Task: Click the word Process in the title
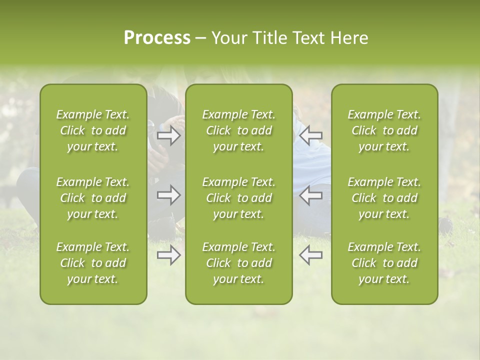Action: tap(157, 38)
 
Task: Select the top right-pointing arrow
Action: tap(169, 135)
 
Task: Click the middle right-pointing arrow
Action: tap(169, 195)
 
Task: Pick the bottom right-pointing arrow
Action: tap(169, 255)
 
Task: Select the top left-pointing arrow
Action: tap(310, 135)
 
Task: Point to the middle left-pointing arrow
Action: tap(310, 195)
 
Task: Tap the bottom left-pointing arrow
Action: tap(310, 255)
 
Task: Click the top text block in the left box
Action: tap(93, 130)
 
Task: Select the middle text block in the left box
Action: tap(93, 198)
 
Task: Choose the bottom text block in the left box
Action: tap(93, 263)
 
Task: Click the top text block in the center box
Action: tap(239, 130)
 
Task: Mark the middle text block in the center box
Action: tap(239, 198)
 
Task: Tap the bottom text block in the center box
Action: tap(239, 263)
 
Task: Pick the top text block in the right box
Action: tap(384, 130)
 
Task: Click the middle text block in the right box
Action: tap(384, 198)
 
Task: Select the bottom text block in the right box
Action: tap(384, 263)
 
